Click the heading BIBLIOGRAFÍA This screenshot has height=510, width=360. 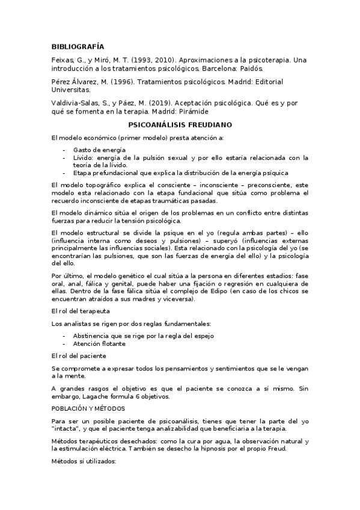(78, 46)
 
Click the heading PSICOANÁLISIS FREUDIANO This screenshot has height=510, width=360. (180, 125)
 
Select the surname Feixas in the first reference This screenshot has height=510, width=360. (63, 61)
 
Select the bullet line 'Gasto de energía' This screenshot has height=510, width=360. (99, 149)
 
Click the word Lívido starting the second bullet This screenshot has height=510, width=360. (83, 158)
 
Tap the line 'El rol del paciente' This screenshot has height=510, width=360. (79, 355)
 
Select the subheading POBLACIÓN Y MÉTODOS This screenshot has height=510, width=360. (89, 408)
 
